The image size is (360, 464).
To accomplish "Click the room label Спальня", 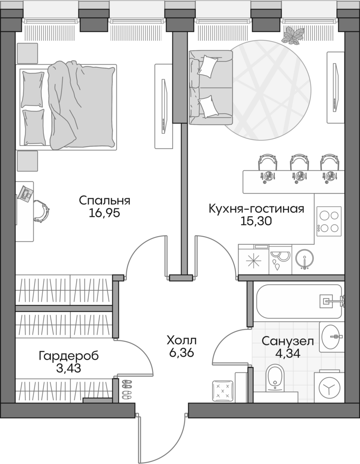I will (104, 200).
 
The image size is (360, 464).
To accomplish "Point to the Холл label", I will (181, 340).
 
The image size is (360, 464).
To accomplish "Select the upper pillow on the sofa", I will (208, 65).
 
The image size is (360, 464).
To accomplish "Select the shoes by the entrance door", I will (126, 388).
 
